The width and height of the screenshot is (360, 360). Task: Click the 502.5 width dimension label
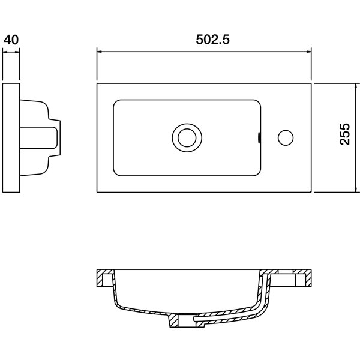[212, 40]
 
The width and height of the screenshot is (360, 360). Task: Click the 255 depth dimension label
[345, 134]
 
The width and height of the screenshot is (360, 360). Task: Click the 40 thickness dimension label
[11, 40]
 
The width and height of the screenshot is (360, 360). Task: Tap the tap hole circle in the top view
[286, 138]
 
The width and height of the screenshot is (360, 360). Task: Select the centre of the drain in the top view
[187, 138]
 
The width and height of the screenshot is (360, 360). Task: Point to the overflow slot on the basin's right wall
[259, 138]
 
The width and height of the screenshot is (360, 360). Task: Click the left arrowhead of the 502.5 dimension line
[100, 52]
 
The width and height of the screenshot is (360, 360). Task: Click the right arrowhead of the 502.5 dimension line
[308, 52]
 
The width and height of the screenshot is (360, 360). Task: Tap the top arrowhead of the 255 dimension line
[356, 86]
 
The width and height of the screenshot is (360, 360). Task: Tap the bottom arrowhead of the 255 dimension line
[356, 189]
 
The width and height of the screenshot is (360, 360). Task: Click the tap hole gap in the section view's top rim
[286, 271]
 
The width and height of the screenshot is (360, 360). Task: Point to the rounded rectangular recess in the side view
[38, 138]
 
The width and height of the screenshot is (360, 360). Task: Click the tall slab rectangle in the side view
[11, 138]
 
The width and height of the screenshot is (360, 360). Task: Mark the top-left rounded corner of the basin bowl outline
[115, 102]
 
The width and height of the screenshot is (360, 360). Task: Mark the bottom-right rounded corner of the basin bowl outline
[259, 173]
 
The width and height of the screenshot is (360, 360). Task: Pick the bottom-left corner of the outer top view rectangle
[97, 192]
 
